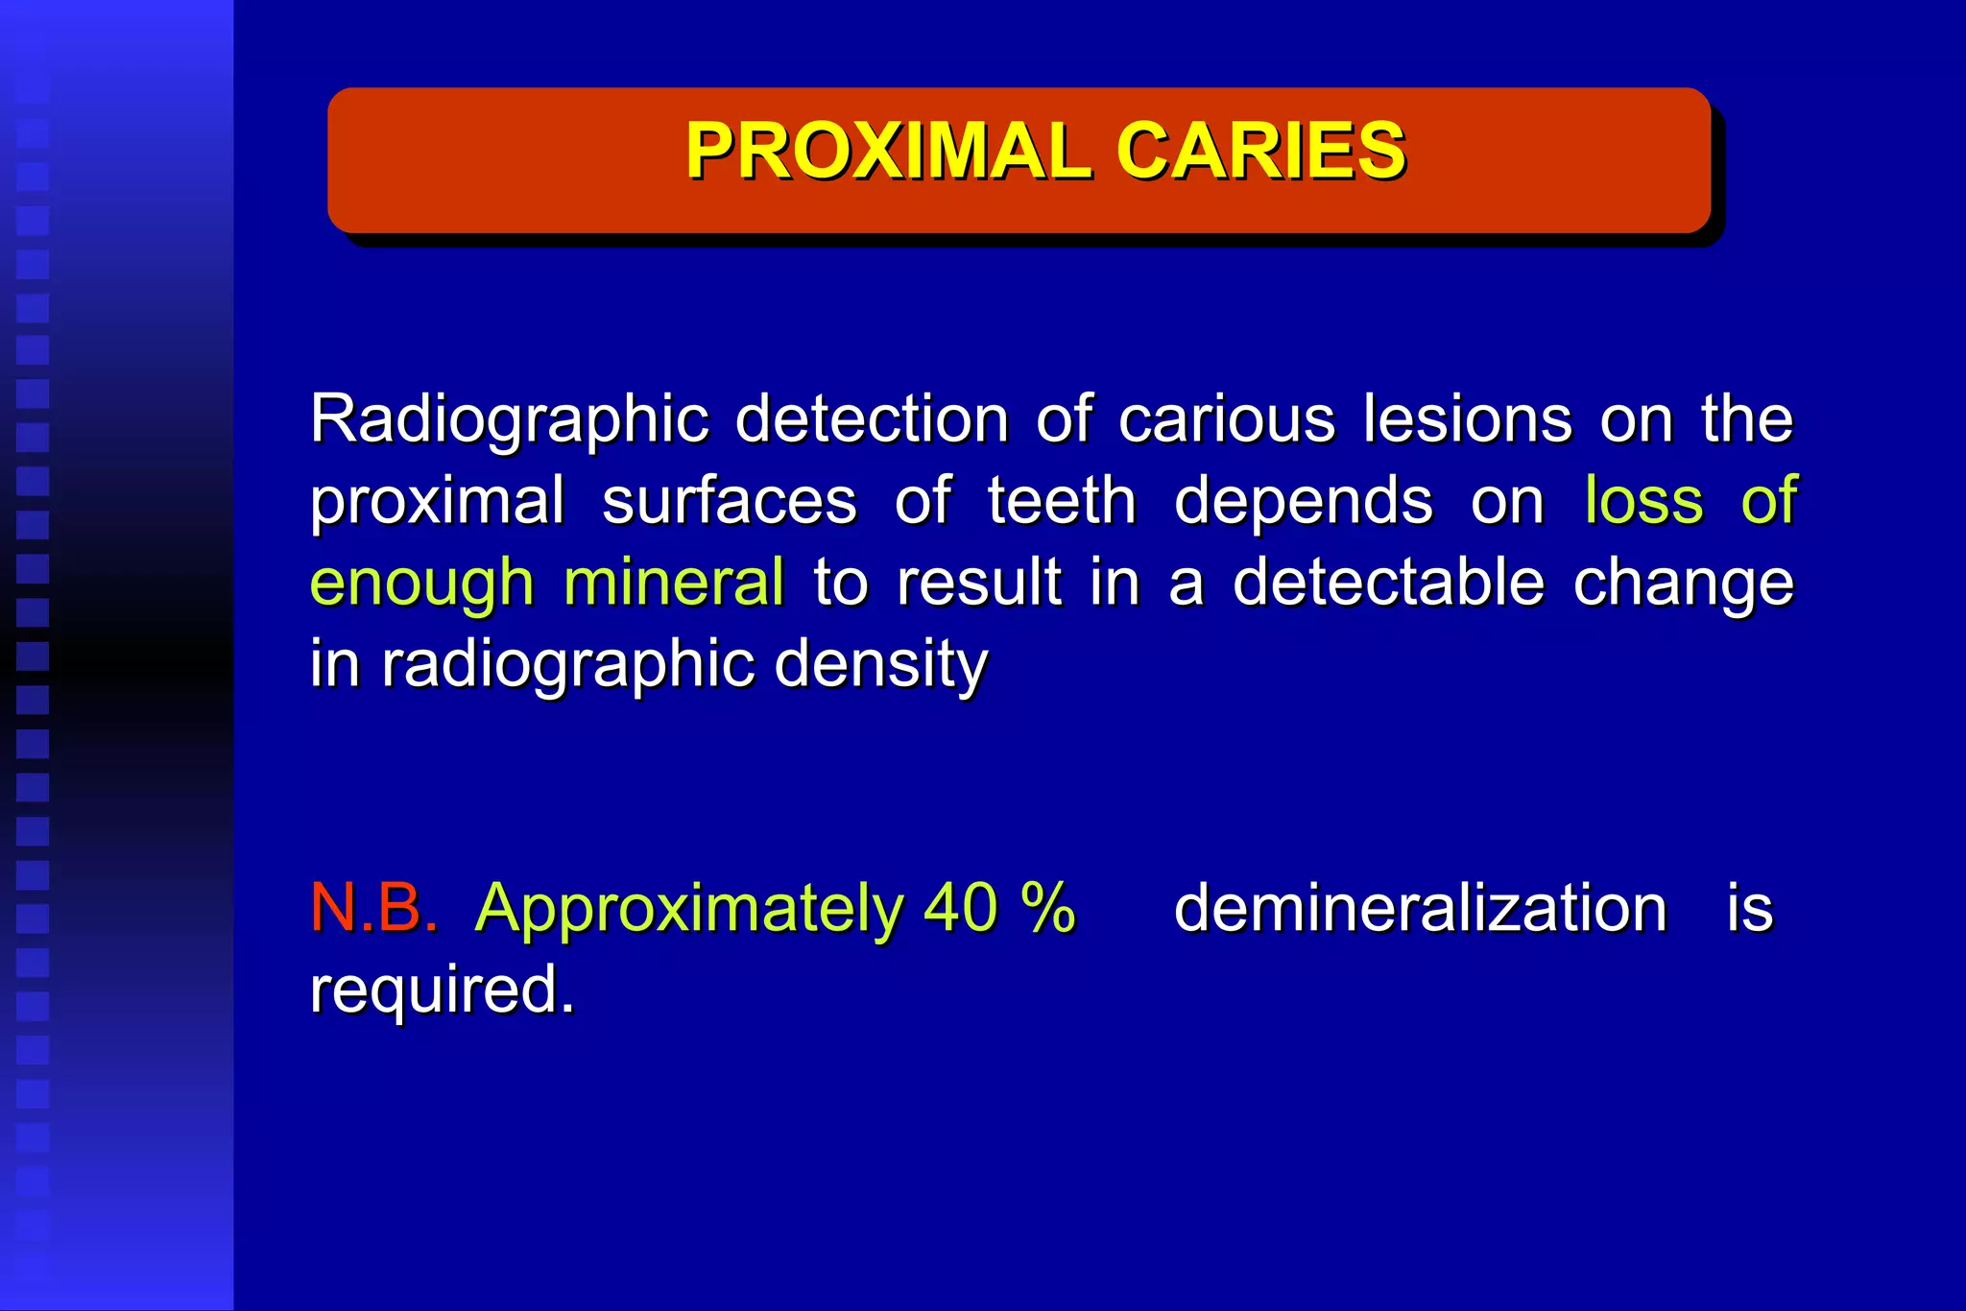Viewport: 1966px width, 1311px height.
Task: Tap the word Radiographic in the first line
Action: coord(509,420)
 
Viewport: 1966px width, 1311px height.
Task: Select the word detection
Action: coord(872,418)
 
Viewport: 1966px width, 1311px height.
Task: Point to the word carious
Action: coord(1226,420)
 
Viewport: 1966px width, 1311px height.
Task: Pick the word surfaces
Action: coord(729,501)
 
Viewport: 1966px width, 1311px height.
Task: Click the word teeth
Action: coord(1062,501)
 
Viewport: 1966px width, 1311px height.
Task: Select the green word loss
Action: coord(1643,501)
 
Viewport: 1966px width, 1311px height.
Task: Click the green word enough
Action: coord(421,584)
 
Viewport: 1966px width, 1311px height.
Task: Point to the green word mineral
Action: coord(674,582)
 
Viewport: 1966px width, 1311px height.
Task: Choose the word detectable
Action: coord(1388,582)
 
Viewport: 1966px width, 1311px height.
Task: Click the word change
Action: coord(1683,584)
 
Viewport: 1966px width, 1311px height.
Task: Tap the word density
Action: coord(880,664)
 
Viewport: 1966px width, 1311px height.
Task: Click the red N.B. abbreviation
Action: coord(373,908)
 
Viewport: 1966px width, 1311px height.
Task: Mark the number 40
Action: coord(960,908)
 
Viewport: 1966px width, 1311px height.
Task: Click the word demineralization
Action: coord(1420,908)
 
